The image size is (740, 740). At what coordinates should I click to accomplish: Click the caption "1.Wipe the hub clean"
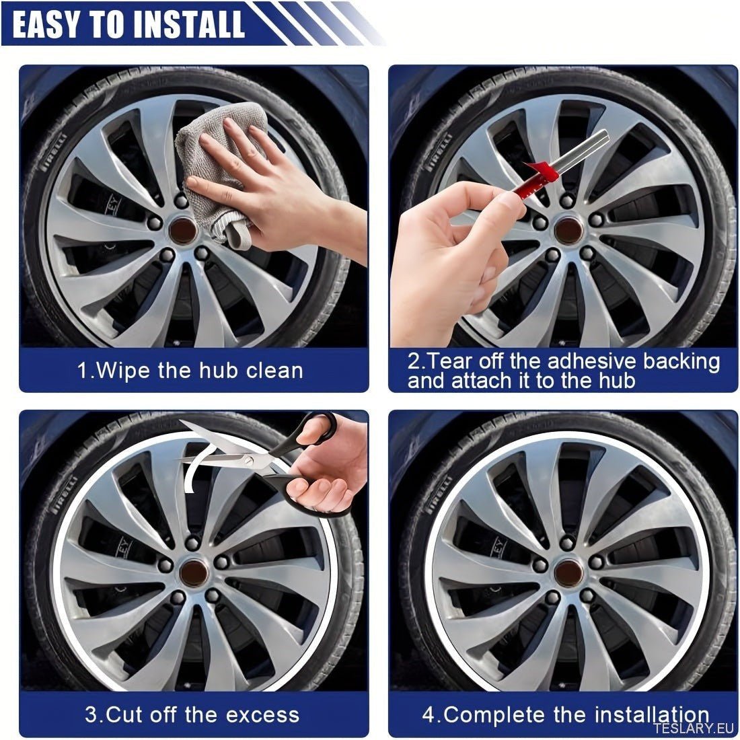[x=190, y=371]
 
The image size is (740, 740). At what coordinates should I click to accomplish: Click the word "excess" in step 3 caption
[x=266, y=714]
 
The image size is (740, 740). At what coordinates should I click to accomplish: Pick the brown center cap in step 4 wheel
[x=568, y=572]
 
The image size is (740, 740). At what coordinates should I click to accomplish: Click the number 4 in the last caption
[x=429, y=714]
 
